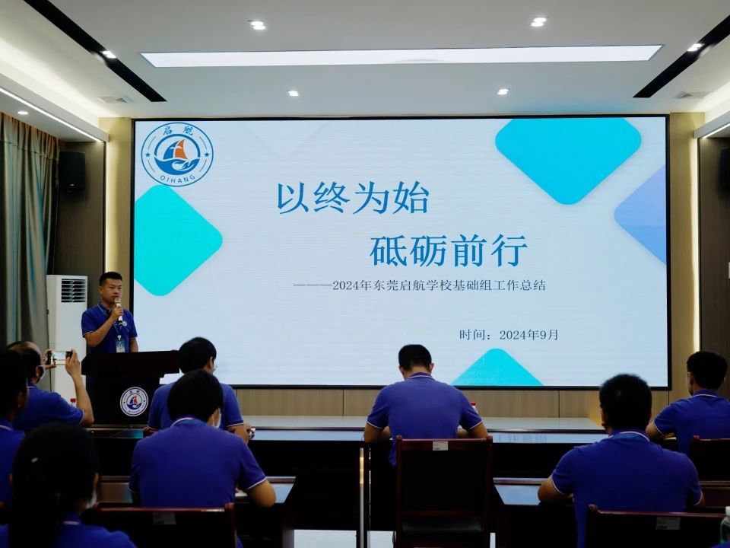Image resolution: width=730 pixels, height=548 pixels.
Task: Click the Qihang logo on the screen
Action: coord(177,154)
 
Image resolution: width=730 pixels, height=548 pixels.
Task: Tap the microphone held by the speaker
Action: coord(119,310)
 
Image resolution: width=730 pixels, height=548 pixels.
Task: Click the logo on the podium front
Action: coord(134,402)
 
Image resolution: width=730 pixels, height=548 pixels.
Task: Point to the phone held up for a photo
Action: coord(59,356)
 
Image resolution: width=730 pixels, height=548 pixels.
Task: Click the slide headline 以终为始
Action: coord(352,198)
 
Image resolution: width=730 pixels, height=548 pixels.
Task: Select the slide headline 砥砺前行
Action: coord(449,250)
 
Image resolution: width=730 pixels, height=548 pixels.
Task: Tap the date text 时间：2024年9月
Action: coord(509,335)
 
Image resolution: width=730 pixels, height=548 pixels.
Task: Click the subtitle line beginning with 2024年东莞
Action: coord(439,285)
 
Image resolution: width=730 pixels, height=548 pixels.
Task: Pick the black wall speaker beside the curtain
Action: coord(71,170)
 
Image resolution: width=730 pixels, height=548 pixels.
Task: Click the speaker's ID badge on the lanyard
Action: coord(120,345)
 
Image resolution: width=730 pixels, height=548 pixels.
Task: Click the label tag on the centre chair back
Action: coord(440,445)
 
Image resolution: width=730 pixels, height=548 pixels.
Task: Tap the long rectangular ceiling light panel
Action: coord(401,56)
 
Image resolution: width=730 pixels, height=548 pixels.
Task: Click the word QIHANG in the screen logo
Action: coord(177,179)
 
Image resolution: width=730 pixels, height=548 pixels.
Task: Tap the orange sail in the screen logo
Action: coord(180,149)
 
